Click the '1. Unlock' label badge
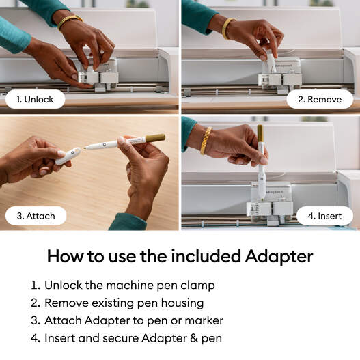(x=35, y=99)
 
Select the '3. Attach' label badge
(x=36, y=216)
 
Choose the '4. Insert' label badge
(x=324, y=216)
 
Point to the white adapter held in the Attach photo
(x=68, y=156)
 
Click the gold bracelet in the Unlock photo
(x=70, y=20)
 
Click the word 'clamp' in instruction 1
(x=197, y=285)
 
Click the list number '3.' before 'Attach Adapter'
(x=36, y=320)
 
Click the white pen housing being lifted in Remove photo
(x=271, y=64)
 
